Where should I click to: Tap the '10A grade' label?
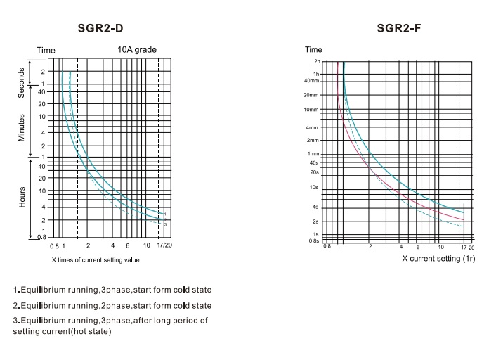click(x=137, y=49)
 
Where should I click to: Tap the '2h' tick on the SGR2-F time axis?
click(x=316, y=62)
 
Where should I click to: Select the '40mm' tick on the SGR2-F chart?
click(x=313, y=79)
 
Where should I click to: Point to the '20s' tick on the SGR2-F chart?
click(x=314, y=172)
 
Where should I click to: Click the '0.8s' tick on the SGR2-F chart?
click(x=313, y=240)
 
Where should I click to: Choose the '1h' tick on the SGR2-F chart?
click(x=316, y=74)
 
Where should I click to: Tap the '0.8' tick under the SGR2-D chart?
click(x=53, y=245)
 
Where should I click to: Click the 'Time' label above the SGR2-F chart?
click(x=313, y=50)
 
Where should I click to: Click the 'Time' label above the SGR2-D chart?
click(x=46, y=50)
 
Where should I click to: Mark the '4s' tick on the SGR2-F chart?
click(x=315, y=207)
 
